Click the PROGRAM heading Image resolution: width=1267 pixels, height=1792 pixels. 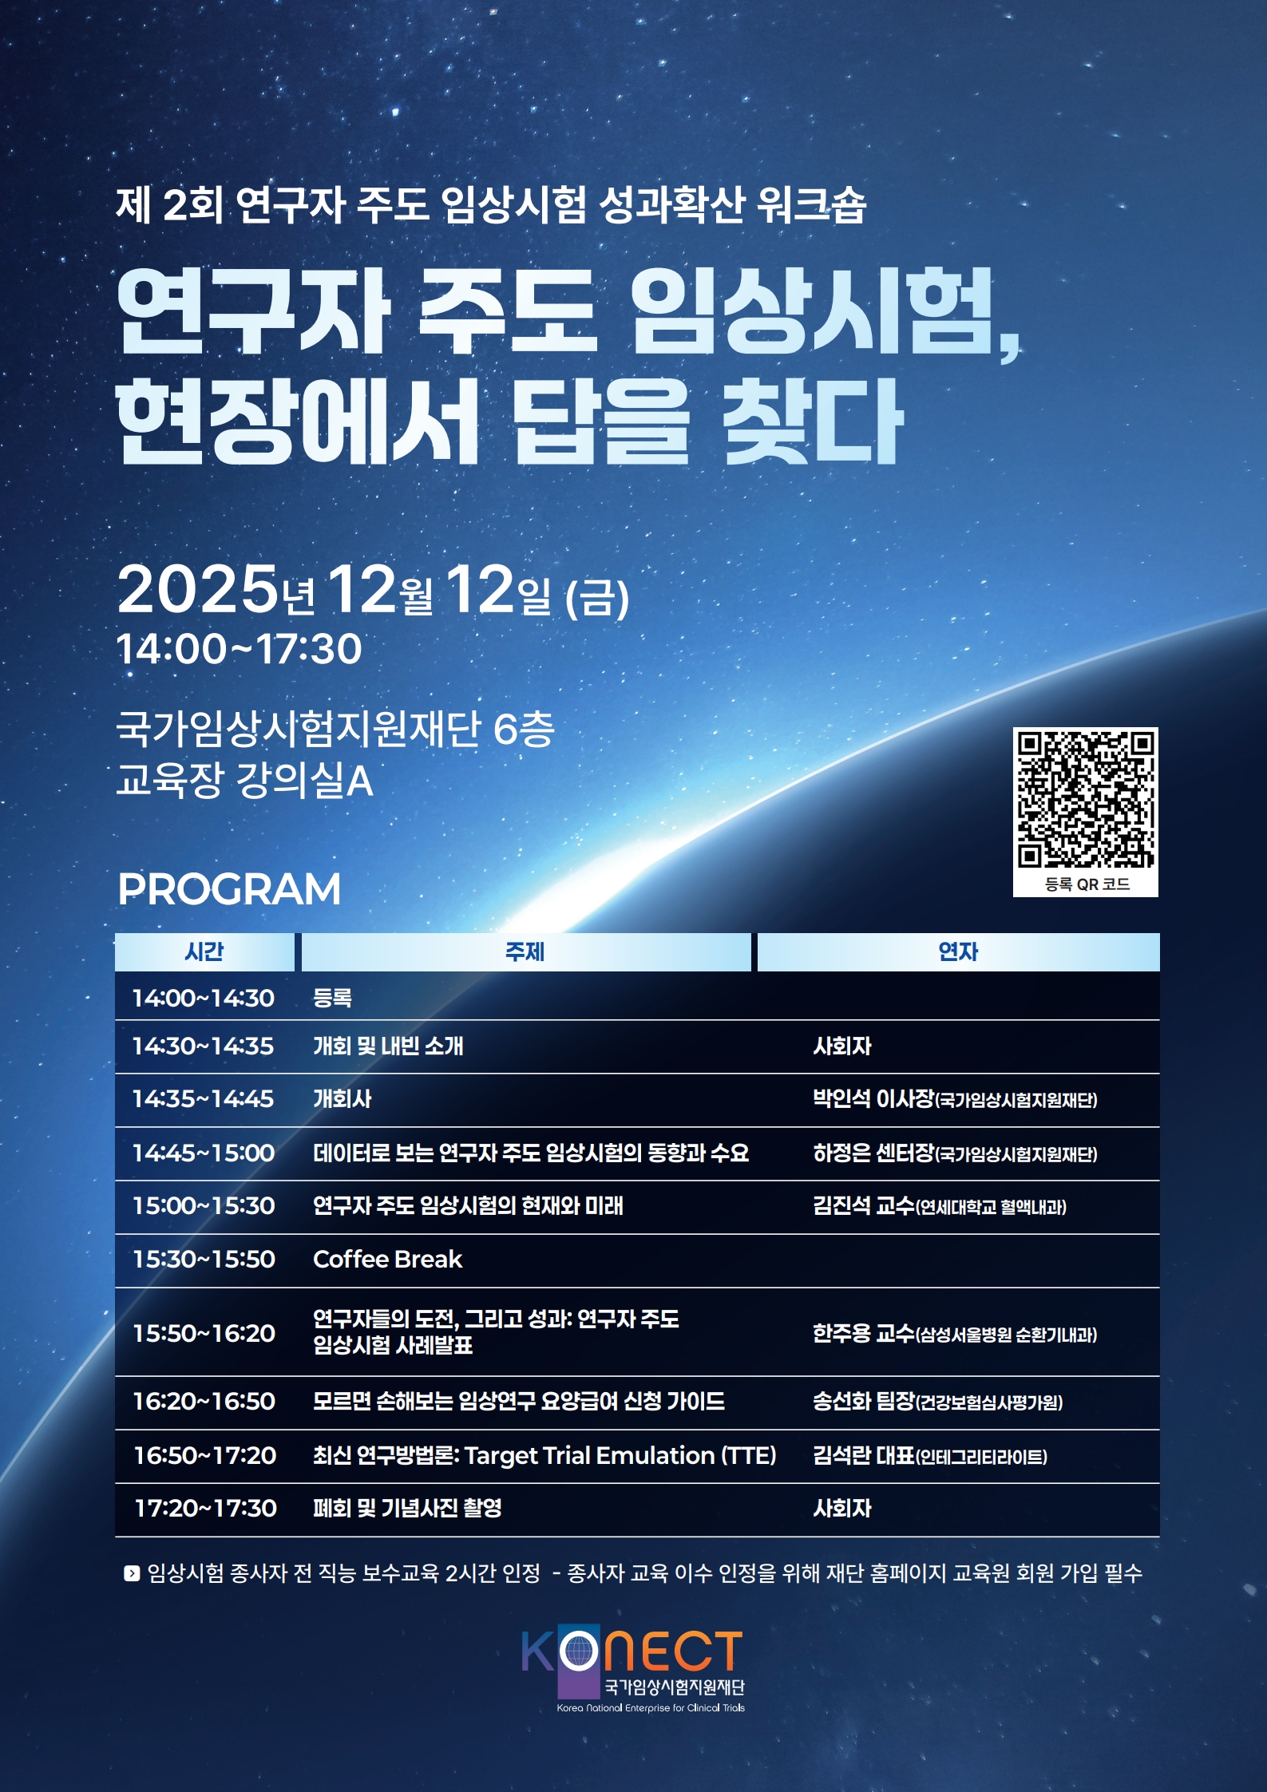229,889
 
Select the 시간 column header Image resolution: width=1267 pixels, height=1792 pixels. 204,951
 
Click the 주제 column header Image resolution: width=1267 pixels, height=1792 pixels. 525,951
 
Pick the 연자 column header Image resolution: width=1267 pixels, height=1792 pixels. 958,951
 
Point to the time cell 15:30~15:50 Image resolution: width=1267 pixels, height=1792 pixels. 204,1259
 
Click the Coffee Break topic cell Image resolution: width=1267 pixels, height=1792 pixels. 387,1259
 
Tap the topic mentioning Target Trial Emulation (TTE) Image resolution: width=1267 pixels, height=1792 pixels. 544,1456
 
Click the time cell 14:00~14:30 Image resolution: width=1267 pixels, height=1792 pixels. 203,998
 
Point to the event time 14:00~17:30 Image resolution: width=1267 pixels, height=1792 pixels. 239,648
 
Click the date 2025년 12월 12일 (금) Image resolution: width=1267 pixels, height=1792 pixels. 373,591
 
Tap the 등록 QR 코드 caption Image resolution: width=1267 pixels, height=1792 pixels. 1087,884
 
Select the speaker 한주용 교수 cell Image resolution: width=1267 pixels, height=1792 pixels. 955,1333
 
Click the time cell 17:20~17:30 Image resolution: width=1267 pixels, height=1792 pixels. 205,1508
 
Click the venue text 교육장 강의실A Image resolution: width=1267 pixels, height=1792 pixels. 244,780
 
